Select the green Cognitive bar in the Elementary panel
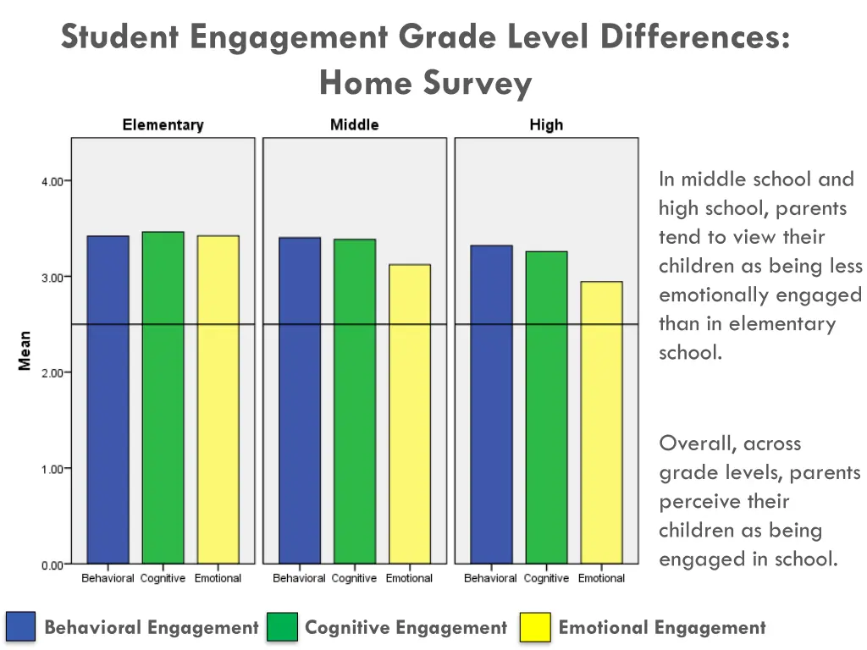tap(163, 398)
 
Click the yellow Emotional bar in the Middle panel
tap(410, 414)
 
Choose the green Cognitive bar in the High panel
tap(546, 407)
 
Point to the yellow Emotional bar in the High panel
tap(601, 422)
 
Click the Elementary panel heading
tap(163, 125)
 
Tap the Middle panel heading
tap(354, 125)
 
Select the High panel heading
tap(546, 125)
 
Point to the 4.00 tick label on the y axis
tap(52, 181)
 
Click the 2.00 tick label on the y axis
tap(52, 372)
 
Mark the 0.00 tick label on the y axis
tap(52, 565)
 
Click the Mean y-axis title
tap(25, 350)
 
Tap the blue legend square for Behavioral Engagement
tap(21, 627)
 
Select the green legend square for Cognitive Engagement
tap(282, 627)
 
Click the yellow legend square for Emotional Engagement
tap(535, 627)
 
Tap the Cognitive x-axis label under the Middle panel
tap(354, 579)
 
